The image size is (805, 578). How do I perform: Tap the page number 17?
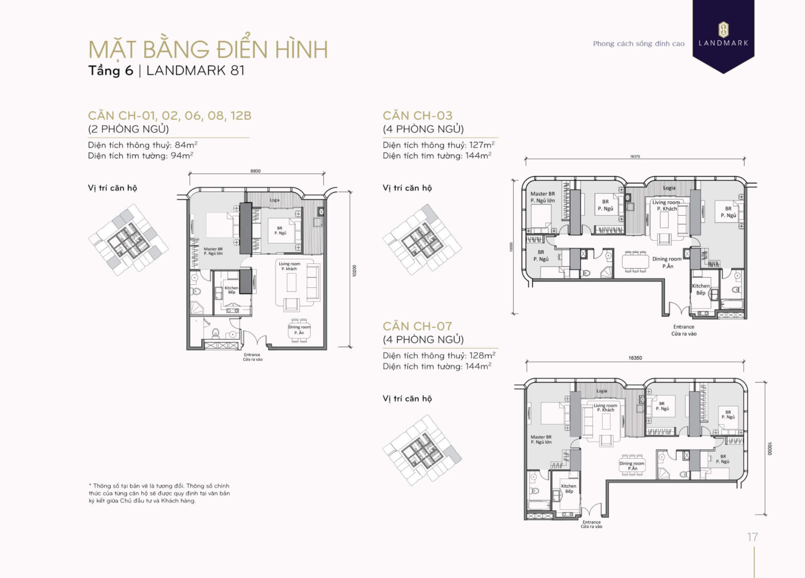click(x=752, y=537)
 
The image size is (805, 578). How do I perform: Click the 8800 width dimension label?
click(x=255, y=171)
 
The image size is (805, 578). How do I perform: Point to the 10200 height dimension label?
click(x=355, y=271)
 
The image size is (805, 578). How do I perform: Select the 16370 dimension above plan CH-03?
click(x=635, y=157)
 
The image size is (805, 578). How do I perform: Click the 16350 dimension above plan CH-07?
click(x=635, y=358)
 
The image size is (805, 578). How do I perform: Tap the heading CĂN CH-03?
click(x=418, y=116)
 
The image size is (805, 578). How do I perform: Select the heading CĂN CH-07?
click(x=417, y=326)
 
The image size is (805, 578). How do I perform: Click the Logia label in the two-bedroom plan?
click(x=275, y=200)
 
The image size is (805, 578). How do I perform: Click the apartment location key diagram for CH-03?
click(x=422, y=240)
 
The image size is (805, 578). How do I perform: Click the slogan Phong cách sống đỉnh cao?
click(x=638, y=44)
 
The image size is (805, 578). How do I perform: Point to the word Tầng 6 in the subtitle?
click(x=111, y=71)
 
